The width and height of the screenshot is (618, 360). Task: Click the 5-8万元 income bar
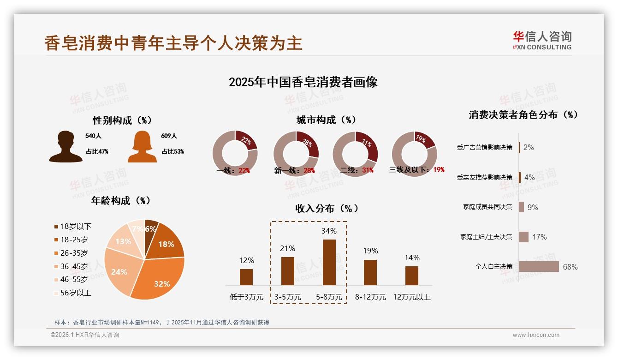click(x=329, y=262)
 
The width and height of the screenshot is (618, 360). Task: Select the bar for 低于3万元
click(x=246, y=277)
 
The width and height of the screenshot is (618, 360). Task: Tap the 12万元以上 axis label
click(x=411, y=297)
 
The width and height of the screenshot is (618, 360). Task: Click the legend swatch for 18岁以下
click(x=56, y=227)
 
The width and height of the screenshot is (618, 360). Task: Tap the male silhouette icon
click(x=65, y=147)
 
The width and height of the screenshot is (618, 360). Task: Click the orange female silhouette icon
click(x=142, y=147)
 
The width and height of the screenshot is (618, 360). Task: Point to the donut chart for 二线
click(x=355, y=154)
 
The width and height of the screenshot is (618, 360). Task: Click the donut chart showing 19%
click(x=414, y=154)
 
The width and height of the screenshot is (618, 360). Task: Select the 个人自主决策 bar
click(x=539, y=267)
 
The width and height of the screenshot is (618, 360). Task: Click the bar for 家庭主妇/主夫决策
click(x=523, y=237)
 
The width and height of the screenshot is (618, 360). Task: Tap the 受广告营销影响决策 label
click(x=484, y=148)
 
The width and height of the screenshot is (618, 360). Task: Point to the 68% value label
click(x=570, y=267)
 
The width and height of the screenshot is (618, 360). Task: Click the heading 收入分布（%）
click(x=327, y=209)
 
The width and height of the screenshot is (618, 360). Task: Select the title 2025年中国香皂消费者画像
click(x=303, y=82)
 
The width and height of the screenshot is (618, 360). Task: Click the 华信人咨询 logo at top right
click(x=542, y=40)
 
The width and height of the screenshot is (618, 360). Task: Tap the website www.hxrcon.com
click(x=536, y=335)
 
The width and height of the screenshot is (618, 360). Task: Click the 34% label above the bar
click(x=329, y=231)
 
